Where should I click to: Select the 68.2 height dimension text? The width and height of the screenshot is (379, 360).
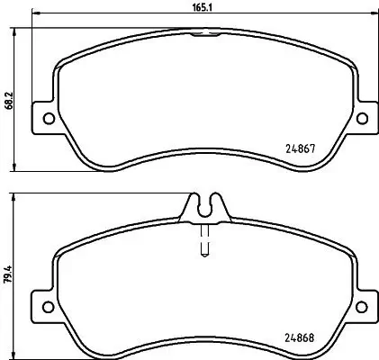tap(8, 98)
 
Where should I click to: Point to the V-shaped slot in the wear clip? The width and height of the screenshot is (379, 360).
tap(204, 202)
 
